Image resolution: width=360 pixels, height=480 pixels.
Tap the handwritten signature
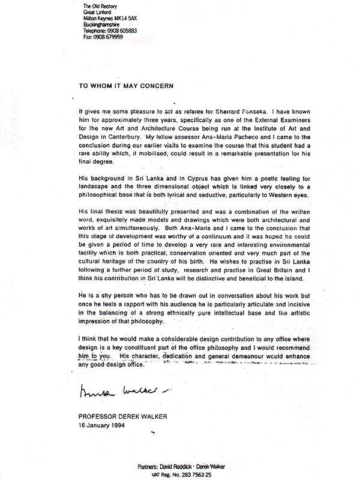pos(113,392)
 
